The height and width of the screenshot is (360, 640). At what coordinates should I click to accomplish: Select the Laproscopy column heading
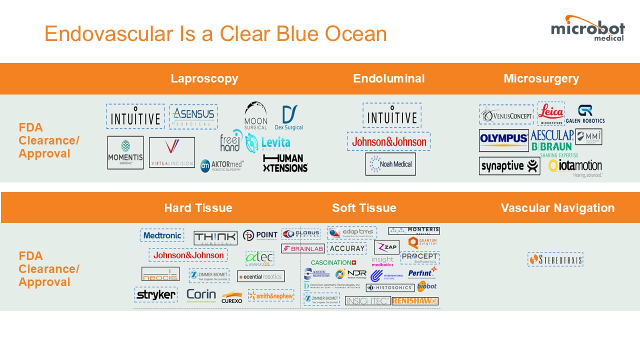(204, 78)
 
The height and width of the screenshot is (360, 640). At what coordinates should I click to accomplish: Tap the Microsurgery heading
(541, 78)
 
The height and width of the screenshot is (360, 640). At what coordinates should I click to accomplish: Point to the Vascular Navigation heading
(557, 208)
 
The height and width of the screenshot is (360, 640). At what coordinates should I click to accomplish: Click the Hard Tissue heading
(198, 208)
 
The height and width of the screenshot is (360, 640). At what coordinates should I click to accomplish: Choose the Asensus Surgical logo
(193, 116)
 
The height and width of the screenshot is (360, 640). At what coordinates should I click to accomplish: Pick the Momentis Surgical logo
(125, 152)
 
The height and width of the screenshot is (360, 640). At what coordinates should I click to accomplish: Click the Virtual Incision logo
(172, 152)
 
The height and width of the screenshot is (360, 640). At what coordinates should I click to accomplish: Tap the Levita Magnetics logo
(268, 143)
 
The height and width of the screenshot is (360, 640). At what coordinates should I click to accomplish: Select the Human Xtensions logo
(285, 163)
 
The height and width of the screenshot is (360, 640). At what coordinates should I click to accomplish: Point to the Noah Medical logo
(390, 164)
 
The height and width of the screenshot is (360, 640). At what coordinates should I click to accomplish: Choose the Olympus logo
(503, 140)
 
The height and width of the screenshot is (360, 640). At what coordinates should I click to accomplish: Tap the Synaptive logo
(509, 166)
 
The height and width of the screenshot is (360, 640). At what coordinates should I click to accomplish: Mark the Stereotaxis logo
(555, 259)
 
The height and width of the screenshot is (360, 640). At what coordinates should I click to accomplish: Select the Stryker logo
(155, 294)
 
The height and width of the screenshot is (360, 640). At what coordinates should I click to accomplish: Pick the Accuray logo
(346, 248)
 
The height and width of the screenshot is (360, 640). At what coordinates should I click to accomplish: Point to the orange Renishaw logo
(415, 301)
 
